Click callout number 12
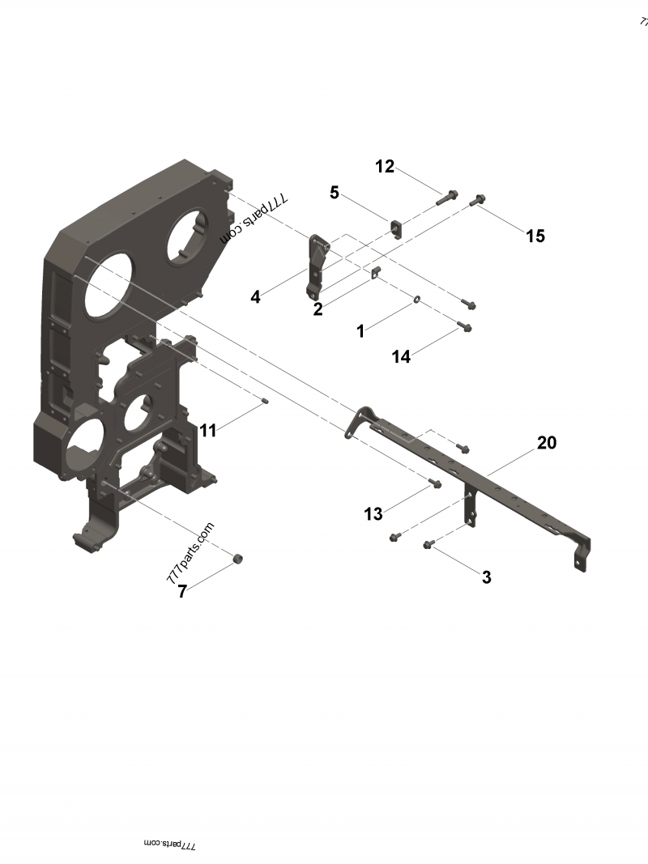point(385,167)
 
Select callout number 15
point(535,236)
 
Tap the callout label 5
point(334,193)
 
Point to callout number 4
point(255,297)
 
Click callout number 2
point(318,309)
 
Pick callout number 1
point(360,331)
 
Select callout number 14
point(402,356)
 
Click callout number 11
point(208,431)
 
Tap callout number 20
point(547,443)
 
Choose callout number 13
point(373,514)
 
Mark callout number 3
point(486,577)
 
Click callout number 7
point(182,592)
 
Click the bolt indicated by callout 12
point(447,197)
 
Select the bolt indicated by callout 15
point(478,198)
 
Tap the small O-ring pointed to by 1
point(416,300)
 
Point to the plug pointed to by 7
point(238,559)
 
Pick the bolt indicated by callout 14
point(464,327)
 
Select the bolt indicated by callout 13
point(434,483)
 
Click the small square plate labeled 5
point(396,228)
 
